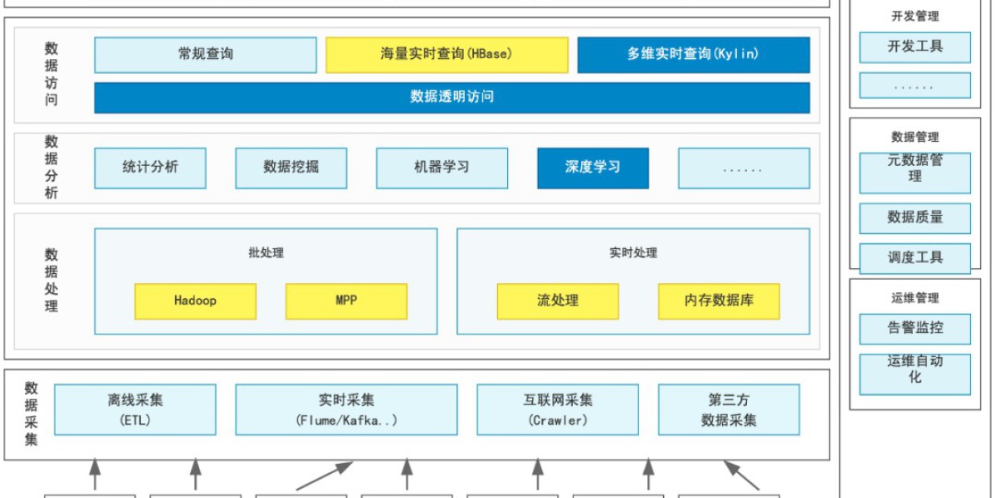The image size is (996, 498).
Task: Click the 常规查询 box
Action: click(205, 55)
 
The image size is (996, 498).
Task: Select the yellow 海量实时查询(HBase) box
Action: click(447, 55)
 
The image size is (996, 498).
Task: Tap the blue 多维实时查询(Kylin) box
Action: click(693, 55)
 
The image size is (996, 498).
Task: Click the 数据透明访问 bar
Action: click(452, 97)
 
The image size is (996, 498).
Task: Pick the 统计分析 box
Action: click(150, 168)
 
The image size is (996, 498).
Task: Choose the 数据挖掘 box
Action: click(290, 168)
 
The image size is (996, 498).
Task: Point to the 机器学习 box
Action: click(442, 168)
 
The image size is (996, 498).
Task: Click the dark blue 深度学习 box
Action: click(593, 168)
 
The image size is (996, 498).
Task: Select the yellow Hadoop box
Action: click(195, 301)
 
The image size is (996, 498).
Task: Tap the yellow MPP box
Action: click(346, 301)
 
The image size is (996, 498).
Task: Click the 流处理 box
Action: click(558, 301)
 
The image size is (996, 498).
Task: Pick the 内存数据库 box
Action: click(719, 301)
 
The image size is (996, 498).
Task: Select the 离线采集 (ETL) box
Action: click(135, 409)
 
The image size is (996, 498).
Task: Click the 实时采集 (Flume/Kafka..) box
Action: click(346, 409)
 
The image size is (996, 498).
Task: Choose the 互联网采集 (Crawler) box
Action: click(558, 409)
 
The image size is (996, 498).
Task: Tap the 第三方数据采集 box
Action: click(729, 409)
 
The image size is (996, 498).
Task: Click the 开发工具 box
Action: click(915, 47)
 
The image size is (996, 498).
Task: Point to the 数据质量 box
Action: click(915, 217)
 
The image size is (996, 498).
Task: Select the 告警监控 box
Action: click(915, 328)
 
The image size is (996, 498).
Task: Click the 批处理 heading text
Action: click(266, 252)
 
